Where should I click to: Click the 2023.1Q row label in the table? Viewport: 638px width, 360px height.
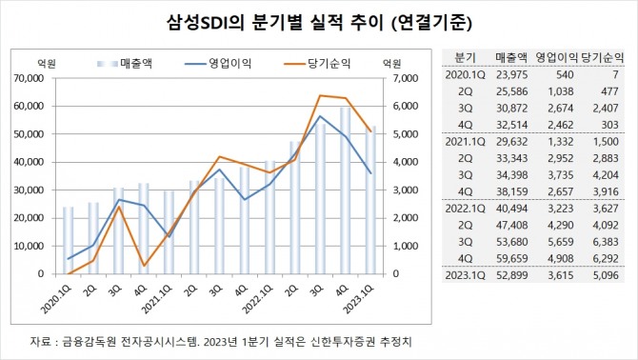coord(466,276)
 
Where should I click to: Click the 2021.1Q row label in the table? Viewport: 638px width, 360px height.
coord(466,142)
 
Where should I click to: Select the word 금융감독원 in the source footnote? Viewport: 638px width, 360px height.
coord(86,340)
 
